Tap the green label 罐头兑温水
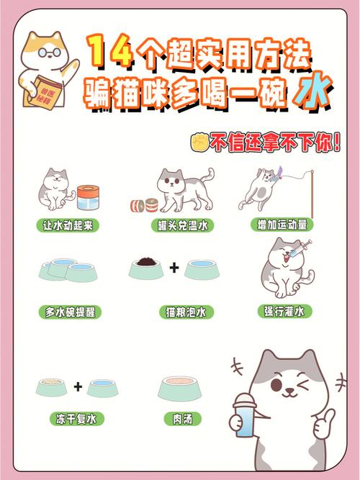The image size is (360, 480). tap(182, 225)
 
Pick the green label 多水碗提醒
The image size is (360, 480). tap(70, 312)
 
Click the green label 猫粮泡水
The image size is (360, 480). tap(182, 312)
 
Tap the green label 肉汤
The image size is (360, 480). tap(182, 418)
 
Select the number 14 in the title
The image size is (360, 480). tap(109, 53)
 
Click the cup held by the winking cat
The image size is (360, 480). tap(246, 417)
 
